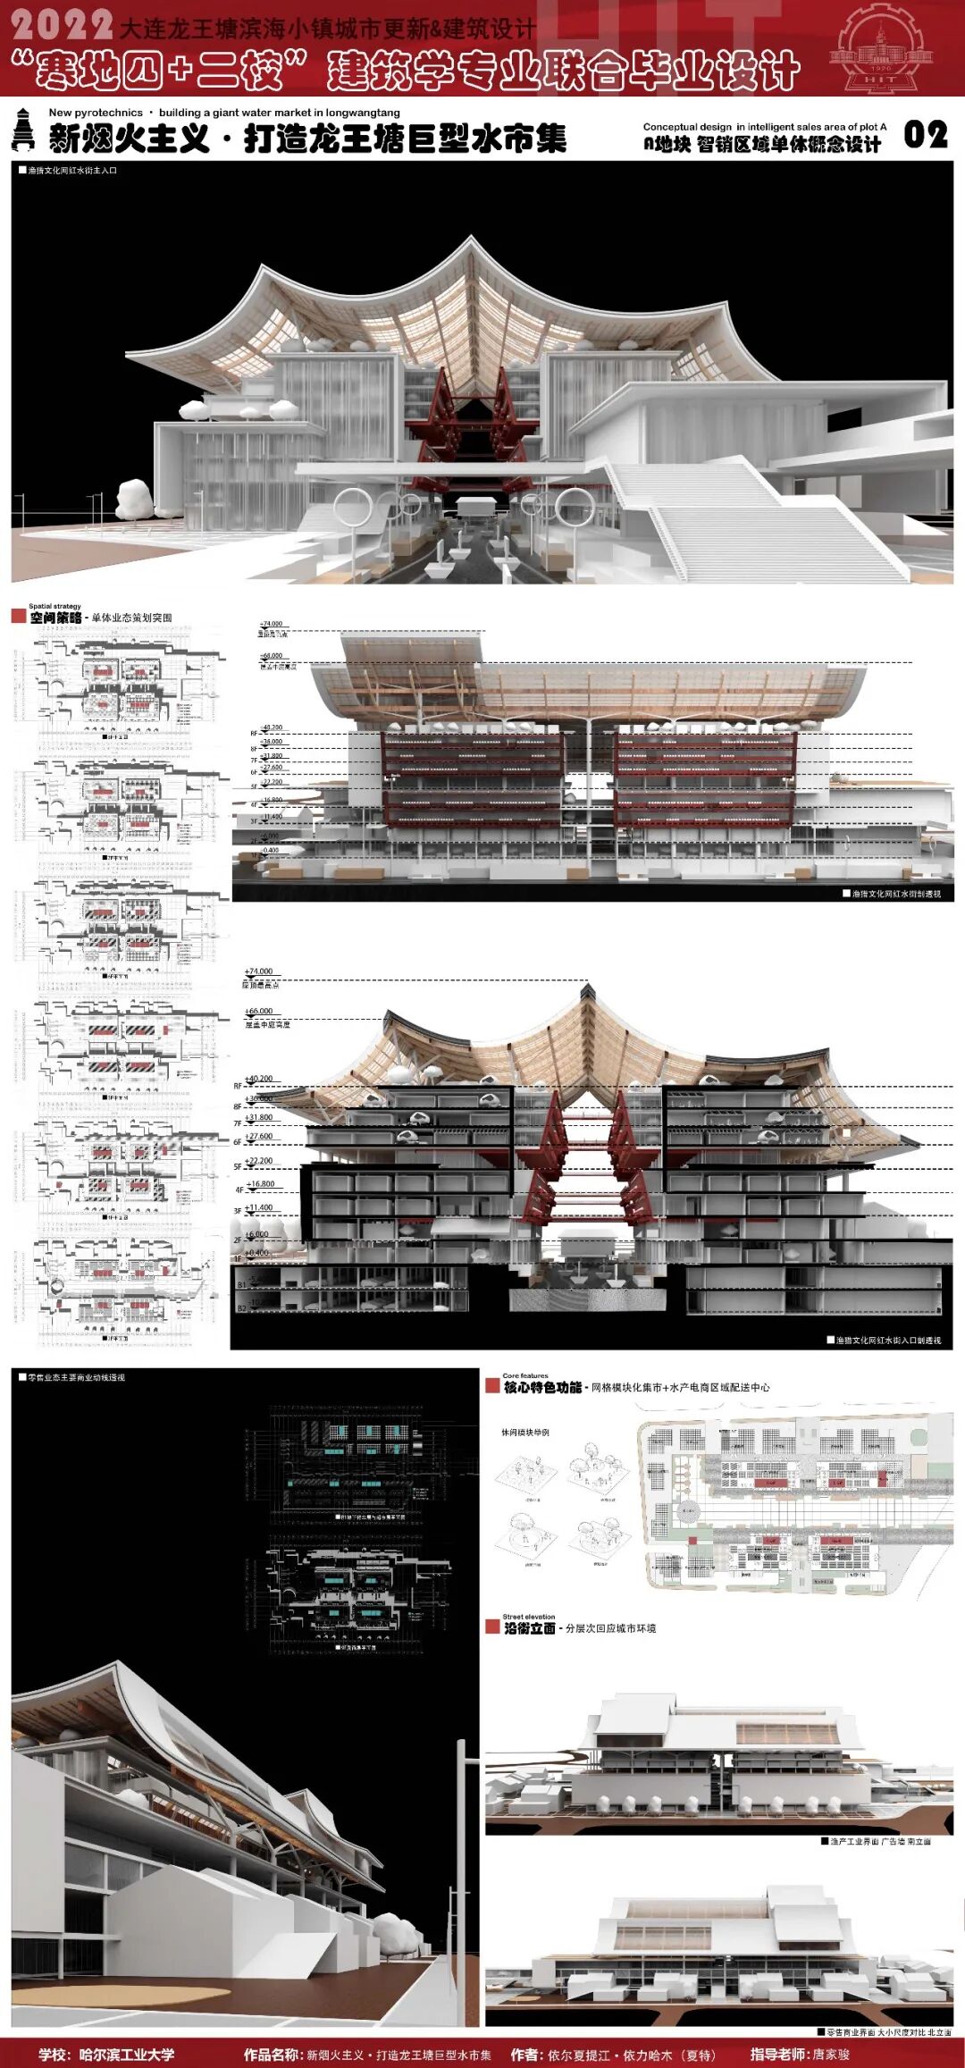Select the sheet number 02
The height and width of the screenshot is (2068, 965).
point(926,135)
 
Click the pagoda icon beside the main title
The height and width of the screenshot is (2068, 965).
point(24,130)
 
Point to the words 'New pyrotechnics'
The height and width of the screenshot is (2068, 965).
point(96,113)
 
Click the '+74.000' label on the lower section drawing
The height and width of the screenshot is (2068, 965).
point(259,971)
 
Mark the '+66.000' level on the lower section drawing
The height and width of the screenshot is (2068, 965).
point(259,1011)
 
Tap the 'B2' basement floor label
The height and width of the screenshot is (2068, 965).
point(241,1308)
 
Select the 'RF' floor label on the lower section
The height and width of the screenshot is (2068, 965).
point(239,1087)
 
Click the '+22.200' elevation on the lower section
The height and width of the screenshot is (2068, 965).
point(259,1161)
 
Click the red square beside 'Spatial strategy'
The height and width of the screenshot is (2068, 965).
point(18,617)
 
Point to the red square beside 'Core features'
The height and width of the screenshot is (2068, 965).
point(492,1386)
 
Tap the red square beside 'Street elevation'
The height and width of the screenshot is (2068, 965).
point(492,1627)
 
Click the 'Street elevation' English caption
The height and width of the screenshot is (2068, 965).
point(528,1617)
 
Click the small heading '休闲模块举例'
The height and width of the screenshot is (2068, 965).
point(525,1433)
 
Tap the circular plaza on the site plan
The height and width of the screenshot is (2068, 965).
point(687,1510)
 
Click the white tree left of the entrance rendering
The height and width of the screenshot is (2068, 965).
point(135,498)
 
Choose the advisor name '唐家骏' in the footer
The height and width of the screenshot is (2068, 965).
point(831,2055)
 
